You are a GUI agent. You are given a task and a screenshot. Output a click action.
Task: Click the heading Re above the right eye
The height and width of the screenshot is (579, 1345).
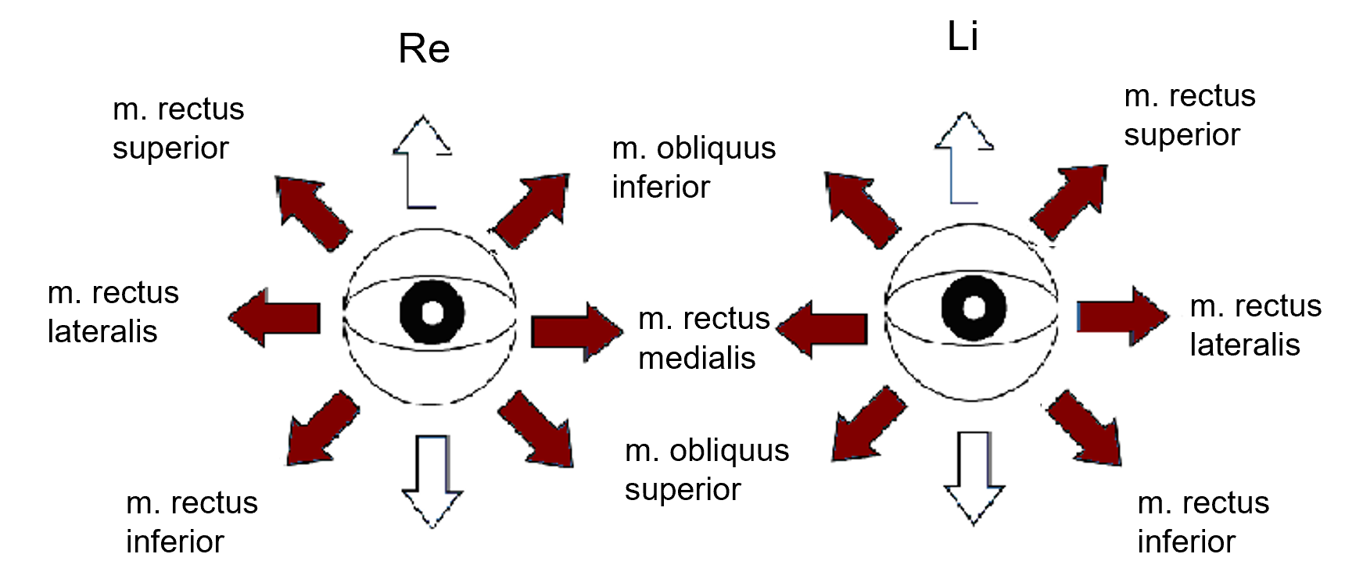click(424, 49)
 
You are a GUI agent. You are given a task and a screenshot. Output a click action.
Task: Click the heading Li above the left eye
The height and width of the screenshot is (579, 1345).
click(963, 37)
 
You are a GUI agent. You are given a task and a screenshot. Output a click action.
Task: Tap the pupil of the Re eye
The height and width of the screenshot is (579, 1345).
click(432, 312)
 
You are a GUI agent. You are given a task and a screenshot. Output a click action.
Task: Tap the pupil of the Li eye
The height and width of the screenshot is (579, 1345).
click(974, 308)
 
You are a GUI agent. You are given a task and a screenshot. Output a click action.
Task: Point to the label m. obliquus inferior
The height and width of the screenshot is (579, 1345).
click(694, 167)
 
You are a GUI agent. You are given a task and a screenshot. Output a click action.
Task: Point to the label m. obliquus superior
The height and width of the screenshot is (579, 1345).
click(707, 470)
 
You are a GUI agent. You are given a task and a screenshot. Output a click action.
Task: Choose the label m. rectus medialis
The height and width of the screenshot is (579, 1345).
click(704, 338)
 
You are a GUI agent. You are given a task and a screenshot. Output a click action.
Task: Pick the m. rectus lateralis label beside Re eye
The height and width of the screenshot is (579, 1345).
click(113, 312)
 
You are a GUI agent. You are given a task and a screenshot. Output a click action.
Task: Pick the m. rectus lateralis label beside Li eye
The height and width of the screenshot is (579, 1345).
click(1255, 325)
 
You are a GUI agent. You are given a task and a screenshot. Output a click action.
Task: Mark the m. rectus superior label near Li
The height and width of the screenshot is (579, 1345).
click(1189, 115)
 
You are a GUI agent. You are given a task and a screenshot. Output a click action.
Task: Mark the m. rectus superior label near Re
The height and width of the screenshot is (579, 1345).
click(178, 128)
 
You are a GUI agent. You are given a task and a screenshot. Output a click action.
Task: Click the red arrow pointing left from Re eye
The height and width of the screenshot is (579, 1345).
click(275, 317)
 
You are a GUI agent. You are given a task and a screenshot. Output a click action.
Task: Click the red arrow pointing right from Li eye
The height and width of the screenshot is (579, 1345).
click(1122, 316)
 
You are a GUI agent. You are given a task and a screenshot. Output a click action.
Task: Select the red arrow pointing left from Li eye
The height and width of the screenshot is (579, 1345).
click(823, 329)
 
